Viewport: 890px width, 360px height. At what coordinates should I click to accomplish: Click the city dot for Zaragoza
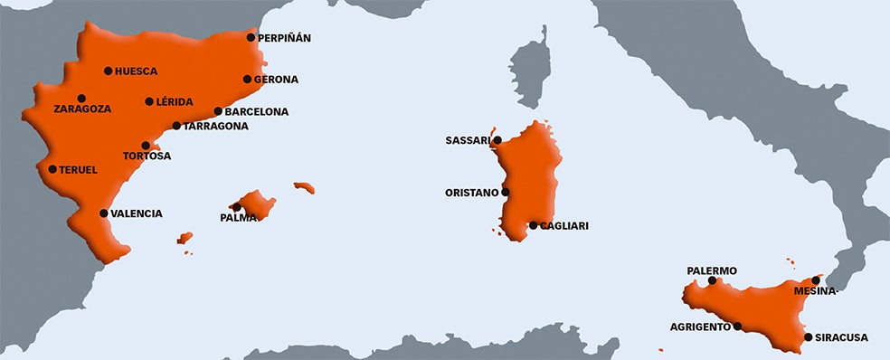click(81, 99)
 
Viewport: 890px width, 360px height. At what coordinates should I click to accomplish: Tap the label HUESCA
click(137, 71)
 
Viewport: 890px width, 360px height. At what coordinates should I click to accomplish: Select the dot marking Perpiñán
click(251, 38)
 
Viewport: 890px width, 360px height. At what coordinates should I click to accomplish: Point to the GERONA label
click(276, 80)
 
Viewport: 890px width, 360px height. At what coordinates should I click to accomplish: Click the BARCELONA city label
click(257, 112)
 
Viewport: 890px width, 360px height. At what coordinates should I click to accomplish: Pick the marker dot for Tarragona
click(176, 127)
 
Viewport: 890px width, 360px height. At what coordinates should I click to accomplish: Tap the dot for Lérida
click(149, 101)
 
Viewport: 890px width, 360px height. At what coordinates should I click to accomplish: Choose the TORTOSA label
click(147, 156)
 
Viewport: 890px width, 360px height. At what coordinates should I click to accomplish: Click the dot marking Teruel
click(52, 169)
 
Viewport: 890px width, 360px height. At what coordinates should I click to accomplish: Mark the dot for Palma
click(237, 207)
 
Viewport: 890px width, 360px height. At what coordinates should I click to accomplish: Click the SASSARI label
click(468, 141)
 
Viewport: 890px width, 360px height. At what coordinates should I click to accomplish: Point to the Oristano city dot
click(506, 193)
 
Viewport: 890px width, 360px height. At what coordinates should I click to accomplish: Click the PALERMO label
click(712, 271)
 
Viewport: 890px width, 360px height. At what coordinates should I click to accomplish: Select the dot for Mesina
click(817, 280)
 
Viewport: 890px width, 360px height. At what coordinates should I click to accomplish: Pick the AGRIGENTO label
click(700, 327)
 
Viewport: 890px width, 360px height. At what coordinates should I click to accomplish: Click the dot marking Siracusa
click(809, 337)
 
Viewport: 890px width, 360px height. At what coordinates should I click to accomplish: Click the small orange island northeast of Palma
click(304, 188)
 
